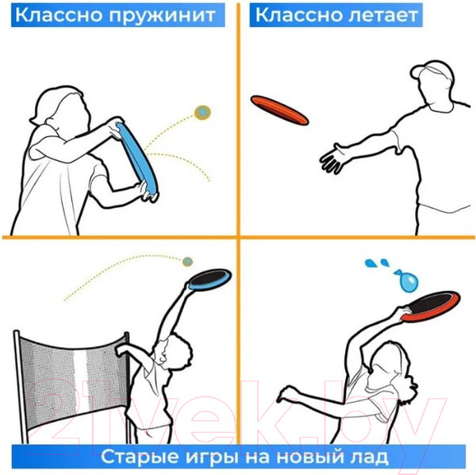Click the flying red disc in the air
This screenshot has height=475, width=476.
click(280, 110)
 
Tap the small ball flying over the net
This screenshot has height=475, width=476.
click(187, 261)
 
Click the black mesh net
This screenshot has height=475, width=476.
click(71, 365)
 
